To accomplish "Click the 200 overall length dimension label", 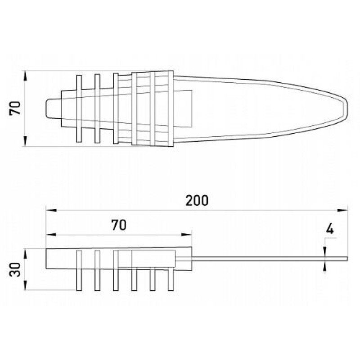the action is (x=197, y=200).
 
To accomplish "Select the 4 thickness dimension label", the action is (x=330, y=229).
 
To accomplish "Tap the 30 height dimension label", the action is (x=15, y=269).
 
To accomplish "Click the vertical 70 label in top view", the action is (x=15, y=108).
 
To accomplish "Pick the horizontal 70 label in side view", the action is (x=119, y=225).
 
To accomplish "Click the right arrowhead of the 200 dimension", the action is (x=342, y=210).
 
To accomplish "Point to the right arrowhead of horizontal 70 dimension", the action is (x=186, y=234).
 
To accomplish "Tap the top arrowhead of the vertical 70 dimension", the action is (x=25, y=76).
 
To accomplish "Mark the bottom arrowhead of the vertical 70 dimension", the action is (x=25, y=141).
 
